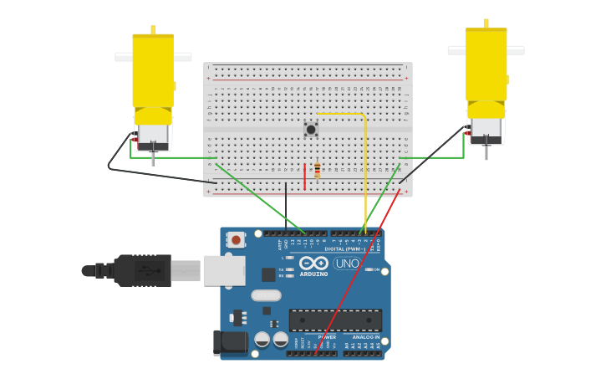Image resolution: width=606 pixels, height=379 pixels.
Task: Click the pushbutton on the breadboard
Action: (x=311, y=129)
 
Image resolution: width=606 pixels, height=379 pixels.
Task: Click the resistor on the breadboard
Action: (x=318, y=170)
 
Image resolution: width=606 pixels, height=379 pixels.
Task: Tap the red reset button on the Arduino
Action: (x=236, y=240)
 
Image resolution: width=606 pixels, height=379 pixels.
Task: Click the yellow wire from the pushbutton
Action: (x=365, y=167)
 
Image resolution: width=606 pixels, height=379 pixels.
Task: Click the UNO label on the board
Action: (x=347, y=264)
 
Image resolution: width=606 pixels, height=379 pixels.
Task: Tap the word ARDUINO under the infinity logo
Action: (x=313, y=274)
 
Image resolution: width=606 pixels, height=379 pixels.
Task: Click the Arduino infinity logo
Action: (x=313, y=263)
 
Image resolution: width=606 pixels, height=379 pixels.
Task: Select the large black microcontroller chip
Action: (x=335, y=320)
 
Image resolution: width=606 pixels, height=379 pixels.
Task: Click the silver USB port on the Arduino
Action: (x=224, y=270)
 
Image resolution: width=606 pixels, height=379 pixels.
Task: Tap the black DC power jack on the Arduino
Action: (x=230, y=343)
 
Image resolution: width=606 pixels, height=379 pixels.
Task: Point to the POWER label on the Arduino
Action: (x=326, y=337)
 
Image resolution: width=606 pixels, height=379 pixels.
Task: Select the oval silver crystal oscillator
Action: (x=266, y=294)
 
